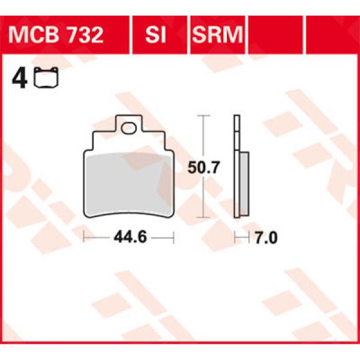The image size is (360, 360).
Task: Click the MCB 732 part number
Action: [56, 35]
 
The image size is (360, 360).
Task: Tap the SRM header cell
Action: [217, 35]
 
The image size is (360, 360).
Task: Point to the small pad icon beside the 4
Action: [43, 79]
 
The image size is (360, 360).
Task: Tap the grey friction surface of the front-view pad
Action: [127, 183]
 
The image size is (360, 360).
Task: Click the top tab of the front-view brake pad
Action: [127, 123]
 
